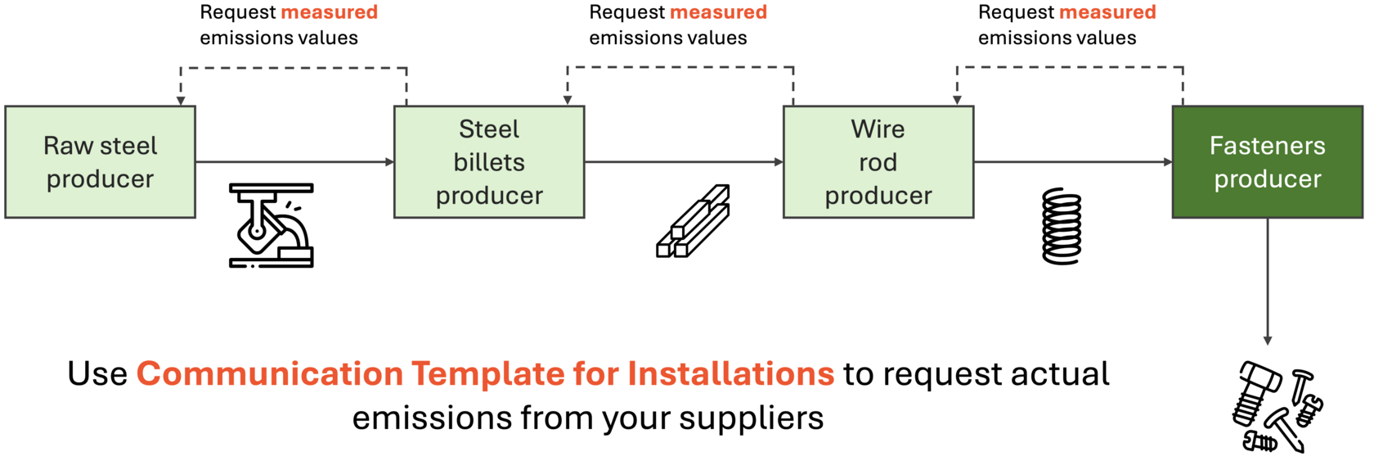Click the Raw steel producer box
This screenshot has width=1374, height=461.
[x=100, y=162]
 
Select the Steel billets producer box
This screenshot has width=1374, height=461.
[x=489, y=162]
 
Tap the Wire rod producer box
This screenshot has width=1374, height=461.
[x=878, y=162]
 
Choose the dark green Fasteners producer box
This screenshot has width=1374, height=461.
[x=1268, y=162]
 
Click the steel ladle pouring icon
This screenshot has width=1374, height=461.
[x=272, y=225]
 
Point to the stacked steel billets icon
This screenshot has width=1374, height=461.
[x=693, y=221]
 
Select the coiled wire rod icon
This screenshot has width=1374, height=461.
[x=1062, y=226]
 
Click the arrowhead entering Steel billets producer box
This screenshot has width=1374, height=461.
[x=390, y=162]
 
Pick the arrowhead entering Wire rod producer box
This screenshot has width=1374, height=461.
[x=779, y=162]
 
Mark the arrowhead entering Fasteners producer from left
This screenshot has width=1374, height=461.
[x=1169, y=162]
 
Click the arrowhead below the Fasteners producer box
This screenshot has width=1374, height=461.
[x=1268, y=341]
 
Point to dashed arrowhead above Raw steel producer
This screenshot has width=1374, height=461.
[x=181, y=101]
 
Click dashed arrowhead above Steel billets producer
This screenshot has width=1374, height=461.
[x=568, y=101]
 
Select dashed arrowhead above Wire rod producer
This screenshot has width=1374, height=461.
[x=957, y=101]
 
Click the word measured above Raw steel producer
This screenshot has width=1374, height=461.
[x=329, y=12]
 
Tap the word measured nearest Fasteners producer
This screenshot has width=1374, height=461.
[x=1107, y=12]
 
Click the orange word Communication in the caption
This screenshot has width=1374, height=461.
[x=270, y=374]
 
